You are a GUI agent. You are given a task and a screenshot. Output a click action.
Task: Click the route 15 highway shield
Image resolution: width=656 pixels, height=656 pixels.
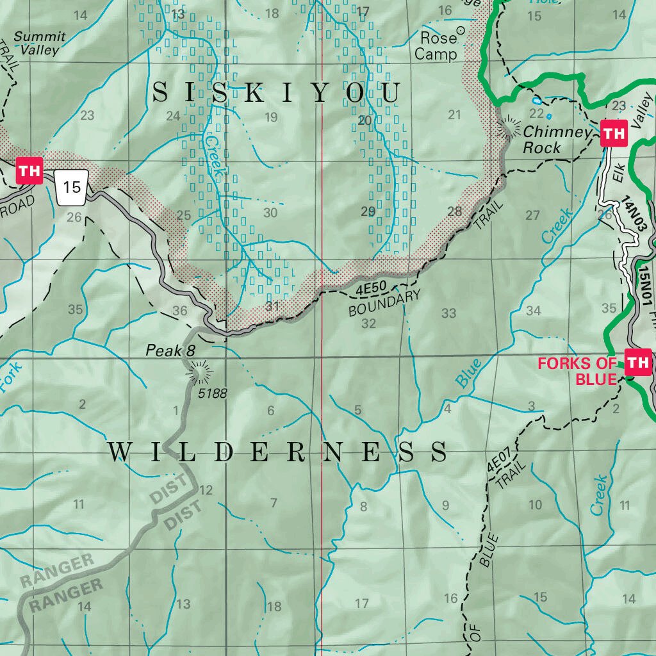pos(72,187)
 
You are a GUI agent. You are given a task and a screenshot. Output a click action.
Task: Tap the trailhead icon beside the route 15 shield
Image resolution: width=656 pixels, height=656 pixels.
pos(29,172)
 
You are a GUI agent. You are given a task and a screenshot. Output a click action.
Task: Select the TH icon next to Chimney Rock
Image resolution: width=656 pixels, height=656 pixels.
pos(613,134)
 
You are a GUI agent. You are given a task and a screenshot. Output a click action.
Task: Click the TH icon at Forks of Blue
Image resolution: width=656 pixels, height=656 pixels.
pos(638,363)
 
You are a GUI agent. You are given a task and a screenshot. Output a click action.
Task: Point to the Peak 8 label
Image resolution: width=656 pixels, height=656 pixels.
pos(170,350)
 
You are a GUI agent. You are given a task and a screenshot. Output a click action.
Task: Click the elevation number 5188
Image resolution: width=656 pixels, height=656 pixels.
pos(212,393)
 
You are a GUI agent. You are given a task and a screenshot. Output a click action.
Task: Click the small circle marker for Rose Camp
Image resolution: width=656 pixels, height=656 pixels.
pos(460,30)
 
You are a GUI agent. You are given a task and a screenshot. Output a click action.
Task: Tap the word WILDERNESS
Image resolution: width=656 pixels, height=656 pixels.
pos(277,452)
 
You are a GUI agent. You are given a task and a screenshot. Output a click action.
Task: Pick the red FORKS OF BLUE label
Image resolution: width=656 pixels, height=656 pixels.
pos(577,371)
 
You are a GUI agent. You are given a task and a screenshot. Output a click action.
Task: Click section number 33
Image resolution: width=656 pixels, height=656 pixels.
pos(448,313)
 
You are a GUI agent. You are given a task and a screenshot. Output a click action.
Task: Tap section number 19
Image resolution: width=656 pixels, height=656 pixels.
pos(270,117)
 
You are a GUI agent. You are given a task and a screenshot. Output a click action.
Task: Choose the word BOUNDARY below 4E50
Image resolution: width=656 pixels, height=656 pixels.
pos(384,304)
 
